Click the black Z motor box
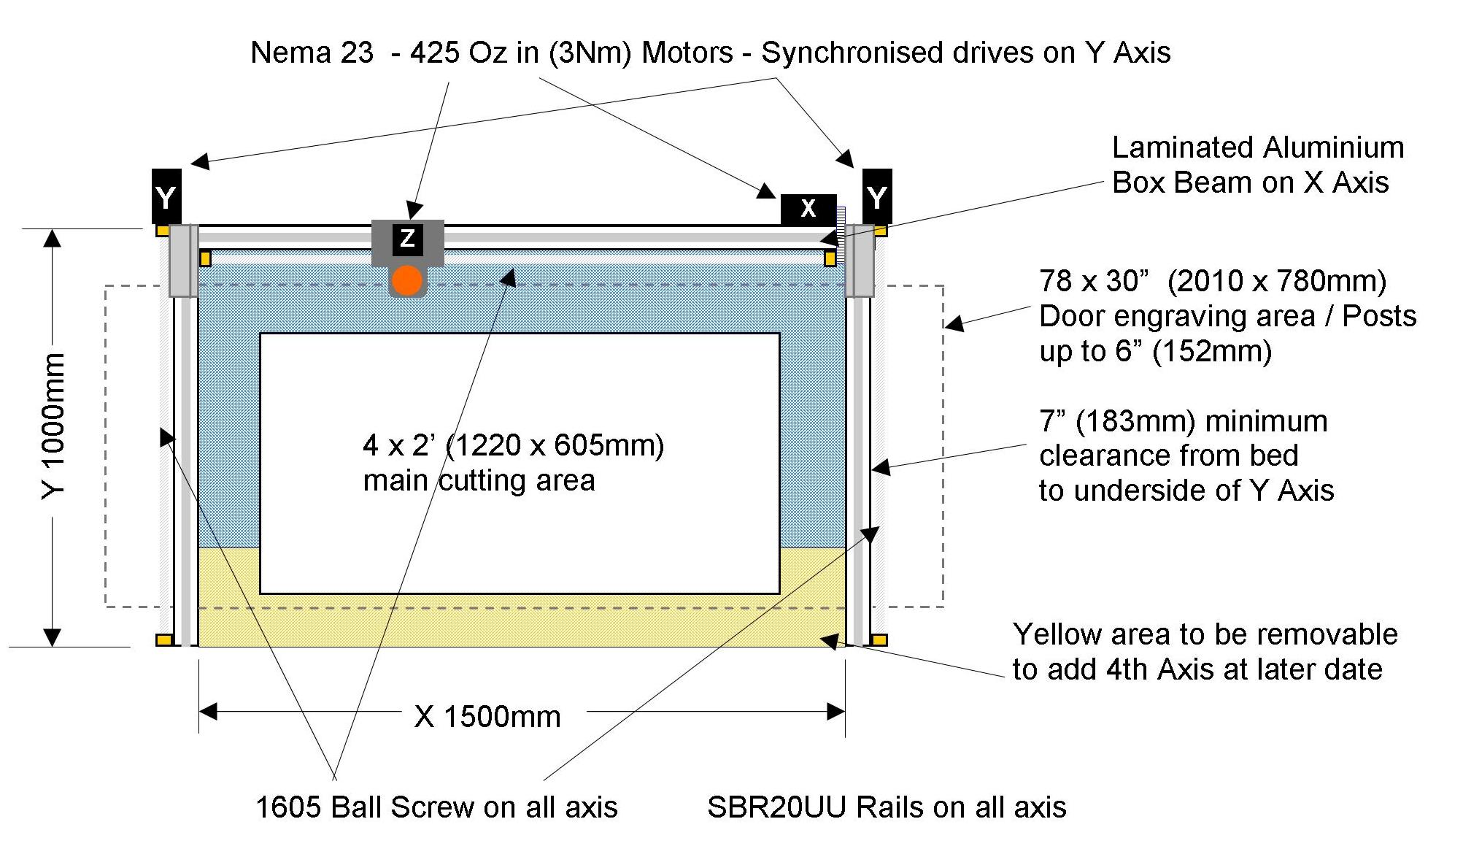407,239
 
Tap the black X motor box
808,209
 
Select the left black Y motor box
166,196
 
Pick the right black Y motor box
877,196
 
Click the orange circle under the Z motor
407,281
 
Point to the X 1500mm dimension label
487,717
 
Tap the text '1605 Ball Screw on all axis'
436,807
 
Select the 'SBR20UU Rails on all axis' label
887,807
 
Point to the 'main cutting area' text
479,480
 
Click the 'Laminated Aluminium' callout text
1258,147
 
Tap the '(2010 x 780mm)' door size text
1277,281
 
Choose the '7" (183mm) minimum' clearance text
1183,421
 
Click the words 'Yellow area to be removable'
1205,634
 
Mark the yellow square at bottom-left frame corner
164,640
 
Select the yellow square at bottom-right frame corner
880,640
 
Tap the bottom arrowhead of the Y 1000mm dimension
53,637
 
